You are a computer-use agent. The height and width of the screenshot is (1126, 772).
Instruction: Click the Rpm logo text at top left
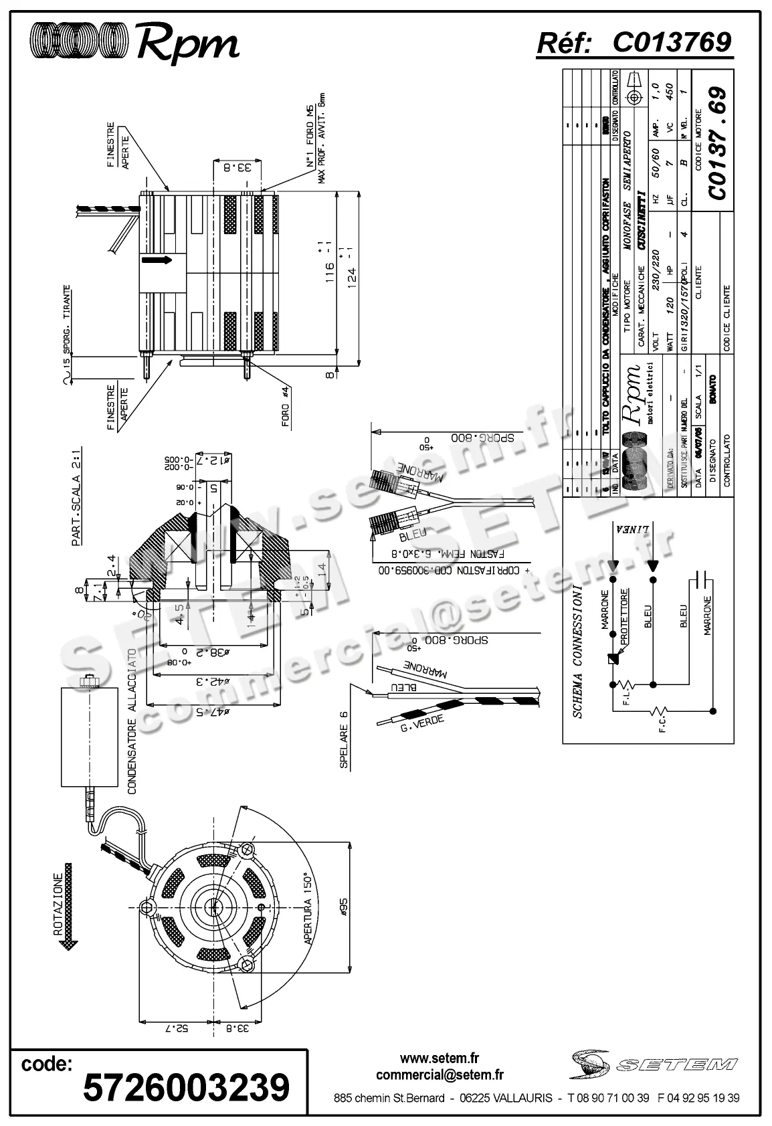point(187,43)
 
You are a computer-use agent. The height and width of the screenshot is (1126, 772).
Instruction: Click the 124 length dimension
point(352,275)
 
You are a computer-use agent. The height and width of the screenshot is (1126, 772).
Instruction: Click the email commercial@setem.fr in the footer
point(440,1074)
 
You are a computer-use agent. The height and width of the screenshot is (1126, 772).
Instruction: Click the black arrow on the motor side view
point(158,260)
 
